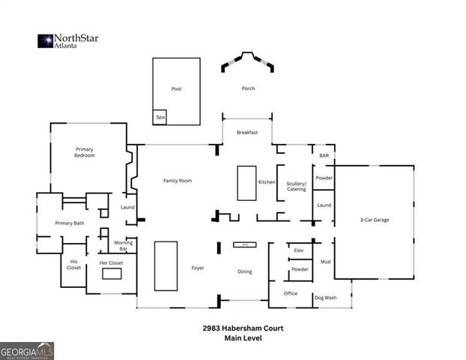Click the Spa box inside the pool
(160, 118)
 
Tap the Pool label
(176, 89)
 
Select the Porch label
(248, 88)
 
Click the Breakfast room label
(247, 132)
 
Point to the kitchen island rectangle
(246, 183)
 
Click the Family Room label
(178, 181)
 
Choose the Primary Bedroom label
(84, 152)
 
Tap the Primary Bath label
(69, 223)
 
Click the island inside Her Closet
(112, 274)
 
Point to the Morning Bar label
(123, 245)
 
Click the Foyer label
(198, 268)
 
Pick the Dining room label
(244, 271)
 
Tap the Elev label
(298, 250)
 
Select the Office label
(291, 293)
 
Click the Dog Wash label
(325, 298)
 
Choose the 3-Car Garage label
(374, 220)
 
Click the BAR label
(324, 155)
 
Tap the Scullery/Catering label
(297, 187)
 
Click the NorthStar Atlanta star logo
(45, 40)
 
